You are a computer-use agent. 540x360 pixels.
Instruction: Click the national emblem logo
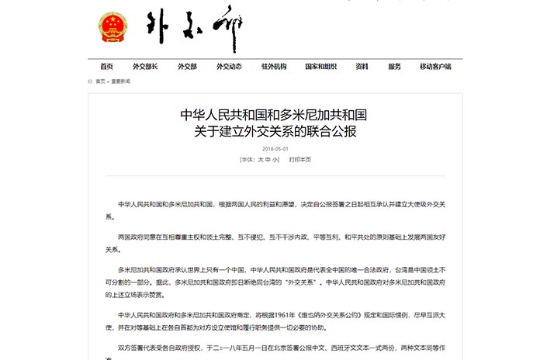[116, 27]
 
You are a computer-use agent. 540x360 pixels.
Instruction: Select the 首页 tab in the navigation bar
[107, 67]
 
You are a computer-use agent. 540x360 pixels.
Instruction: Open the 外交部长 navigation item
[145, 67]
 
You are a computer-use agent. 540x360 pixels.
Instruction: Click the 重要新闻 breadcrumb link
[121, 81]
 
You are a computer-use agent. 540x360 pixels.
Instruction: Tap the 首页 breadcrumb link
[100, 81]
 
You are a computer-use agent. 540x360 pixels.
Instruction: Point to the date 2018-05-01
[275, 149]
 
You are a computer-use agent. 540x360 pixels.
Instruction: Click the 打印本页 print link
[299, 159]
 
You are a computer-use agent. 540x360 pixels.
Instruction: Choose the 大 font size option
[261, 159]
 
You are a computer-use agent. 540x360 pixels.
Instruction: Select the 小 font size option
[275, 159]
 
